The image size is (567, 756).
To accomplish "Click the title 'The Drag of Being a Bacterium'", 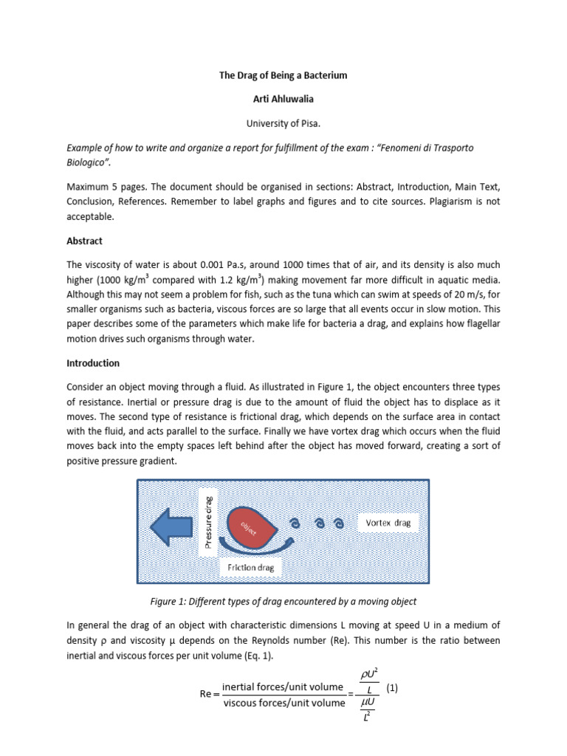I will click(x=283, y=75).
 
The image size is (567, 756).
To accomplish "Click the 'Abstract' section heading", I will click(x=85, y=241).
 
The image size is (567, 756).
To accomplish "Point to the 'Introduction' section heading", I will click(x=93, y=363).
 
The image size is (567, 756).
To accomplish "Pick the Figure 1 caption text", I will click(x=283, y=601).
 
